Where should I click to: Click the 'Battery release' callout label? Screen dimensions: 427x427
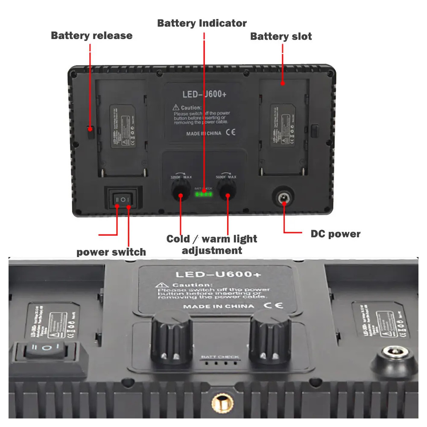(x=91, y=35)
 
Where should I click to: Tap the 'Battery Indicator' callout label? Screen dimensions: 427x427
(x=202, y=23)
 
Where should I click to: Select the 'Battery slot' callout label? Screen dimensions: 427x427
(x=281, y=36)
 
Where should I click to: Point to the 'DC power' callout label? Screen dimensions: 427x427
(x=335, y=234)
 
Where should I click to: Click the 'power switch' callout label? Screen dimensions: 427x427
(x=111, y=252)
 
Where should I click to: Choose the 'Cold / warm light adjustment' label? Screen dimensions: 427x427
(x=212, y=244)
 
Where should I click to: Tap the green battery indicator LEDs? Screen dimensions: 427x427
(x=204, y=195)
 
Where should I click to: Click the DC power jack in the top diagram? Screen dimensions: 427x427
(x=284, y=198)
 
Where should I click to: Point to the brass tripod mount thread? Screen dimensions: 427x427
(x=219, y=402)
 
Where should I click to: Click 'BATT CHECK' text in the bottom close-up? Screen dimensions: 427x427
(x=220, y=357)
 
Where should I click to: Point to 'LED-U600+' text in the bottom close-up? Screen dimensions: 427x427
(x=218, y=274)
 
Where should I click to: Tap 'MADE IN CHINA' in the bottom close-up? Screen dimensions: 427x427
(x=219, y=306)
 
